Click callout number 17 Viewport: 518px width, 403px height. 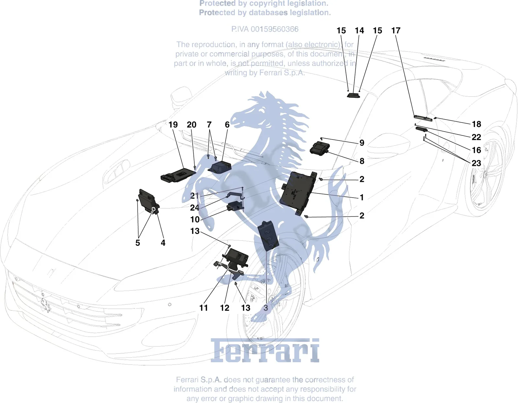click(x=396, y=30)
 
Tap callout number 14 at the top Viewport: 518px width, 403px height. click(x=359, y=30)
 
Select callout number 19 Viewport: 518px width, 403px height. click(x=173, y=124)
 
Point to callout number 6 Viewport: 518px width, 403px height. click(x=227, y=124)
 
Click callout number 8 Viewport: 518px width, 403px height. click(x=362, y=161)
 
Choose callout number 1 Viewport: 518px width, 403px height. click(x=362, y=197)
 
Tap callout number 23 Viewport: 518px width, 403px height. click(x=476, y=163)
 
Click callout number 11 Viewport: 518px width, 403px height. click(x=204, y=308)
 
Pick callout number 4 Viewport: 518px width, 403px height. click(x=163, y=243)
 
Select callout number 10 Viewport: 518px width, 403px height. click(x=195, y=219)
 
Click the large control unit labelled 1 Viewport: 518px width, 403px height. click(x=298, y=193)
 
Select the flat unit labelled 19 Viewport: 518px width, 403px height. click(x=178, y=175)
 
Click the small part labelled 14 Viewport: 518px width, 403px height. click(x=353, y=95)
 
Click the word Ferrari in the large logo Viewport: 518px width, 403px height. click(x=265, y=351)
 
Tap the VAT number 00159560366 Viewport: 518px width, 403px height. click(x=274, y=29)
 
